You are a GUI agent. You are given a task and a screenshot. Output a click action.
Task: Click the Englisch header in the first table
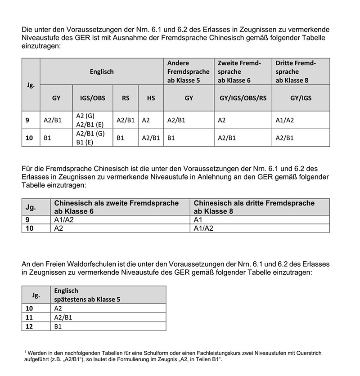102,72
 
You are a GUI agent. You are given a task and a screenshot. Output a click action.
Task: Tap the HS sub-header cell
151,98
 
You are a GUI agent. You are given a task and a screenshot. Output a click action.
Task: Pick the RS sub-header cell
126,98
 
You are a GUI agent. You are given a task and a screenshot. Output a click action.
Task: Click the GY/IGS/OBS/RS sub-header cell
243,98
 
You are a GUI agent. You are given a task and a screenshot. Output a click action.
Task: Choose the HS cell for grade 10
151,138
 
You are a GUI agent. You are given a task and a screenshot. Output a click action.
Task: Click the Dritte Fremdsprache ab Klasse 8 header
296,72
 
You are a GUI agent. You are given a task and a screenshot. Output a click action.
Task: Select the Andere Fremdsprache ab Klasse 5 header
188,72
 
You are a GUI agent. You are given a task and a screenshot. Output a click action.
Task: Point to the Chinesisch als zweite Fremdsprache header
117,207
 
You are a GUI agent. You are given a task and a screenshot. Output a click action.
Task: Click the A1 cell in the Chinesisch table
198,220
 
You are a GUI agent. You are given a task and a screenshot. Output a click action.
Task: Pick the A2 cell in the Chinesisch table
58,228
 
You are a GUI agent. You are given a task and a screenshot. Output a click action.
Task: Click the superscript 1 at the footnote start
26,351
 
